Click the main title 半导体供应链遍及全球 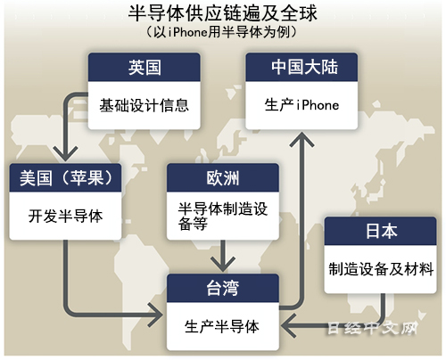pyautogui.click(x=222, y=13)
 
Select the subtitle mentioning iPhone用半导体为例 pyautogui.click(x=222, y=32)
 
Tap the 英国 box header pyautogui.click(x=145, y=67)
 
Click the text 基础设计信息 pyautogui.click(x=145, y=105)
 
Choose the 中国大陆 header pyautogui.click(x=301, y=67)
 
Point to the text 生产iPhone pyautogui.click(x=301, y=105)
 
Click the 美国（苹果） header pyautogui.click(x=65, y=177)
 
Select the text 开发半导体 pyautogui.click(x=65, y=216)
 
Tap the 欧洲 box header pyautogui.click(x=223, y=177)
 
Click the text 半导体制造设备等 pyautogui.click(x=223, y=216)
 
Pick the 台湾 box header pyautogui.click(x=223, y=288)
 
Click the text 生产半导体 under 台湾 pyautogui.click(x=222, y=326)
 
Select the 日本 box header pyautogui.click(x=381, y=231)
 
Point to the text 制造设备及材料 pyautogui.click(x=381, y=269)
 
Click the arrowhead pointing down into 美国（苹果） pyautogui.click(x=65, y=154)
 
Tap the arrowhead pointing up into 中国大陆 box pyautogui.click(x=301, y=140)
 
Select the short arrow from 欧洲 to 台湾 pyautogui.click(x=223, y=256)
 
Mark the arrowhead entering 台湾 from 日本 pyautogui.click(x=288, y=326)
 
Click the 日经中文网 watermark pyautogui.click(x=372, y=329)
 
